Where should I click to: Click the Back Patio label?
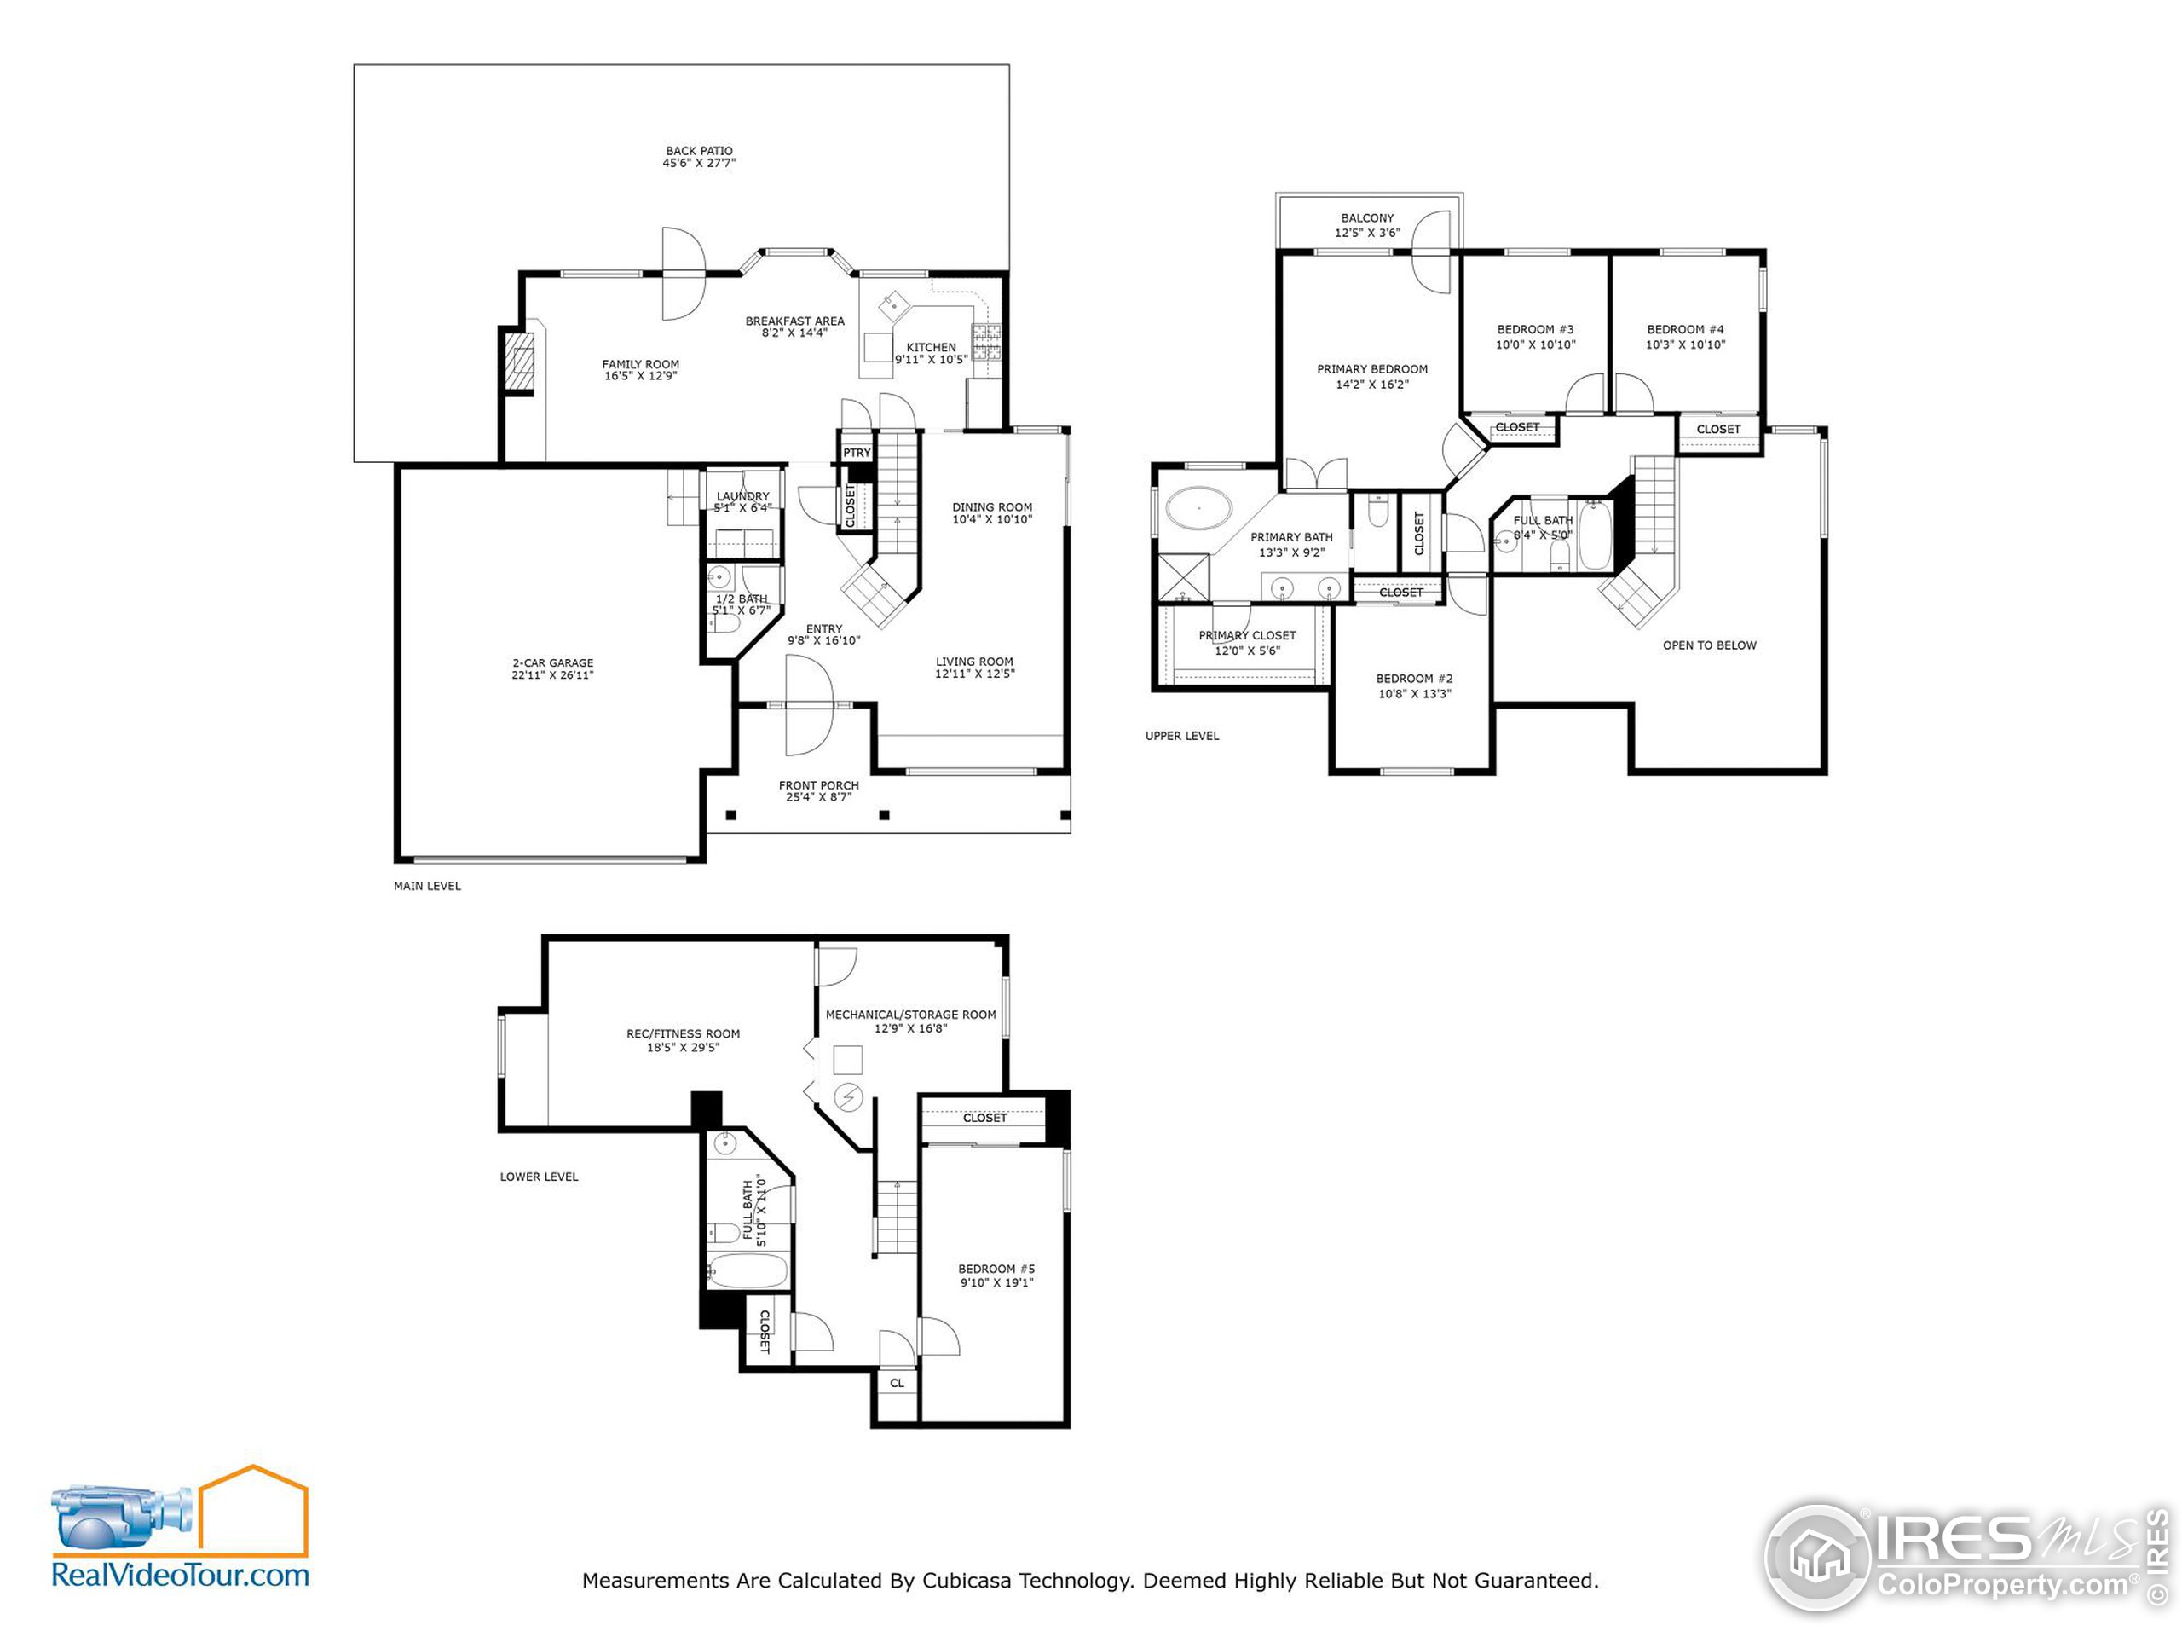pos(698,151)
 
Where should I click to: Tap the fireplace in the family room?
pos(519,362)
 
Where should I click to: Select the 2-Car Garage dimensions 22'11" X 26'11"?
pos(552,676)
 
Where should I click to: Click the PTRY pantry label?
pos(857,453)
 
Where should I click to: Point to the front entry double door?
pos(810,704)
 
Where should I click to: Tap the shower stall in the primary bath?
pos(1184,578)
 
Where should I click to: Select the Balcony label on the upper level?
pos(1367,218)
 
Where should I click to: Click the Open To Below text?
pos(1710,645)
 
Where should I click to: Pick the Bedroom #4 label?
pos(1685,330)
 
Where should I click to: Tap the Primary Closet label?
pos(1247,635)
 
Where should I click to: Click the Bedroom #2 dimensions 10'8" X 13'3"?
pos(1415,694)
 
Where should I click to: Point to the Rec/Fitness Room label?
pos(683,1034)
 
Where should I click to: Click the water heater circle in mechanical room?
pos(848,1096)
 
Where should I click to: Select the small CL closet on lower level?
pos(897,1384)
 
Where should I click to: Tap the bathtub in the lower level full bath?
pos(748,1272)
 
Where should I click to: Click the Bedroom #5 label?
pos(996,1269)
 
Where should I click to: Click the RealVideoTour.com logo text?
pos(181,1575)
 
